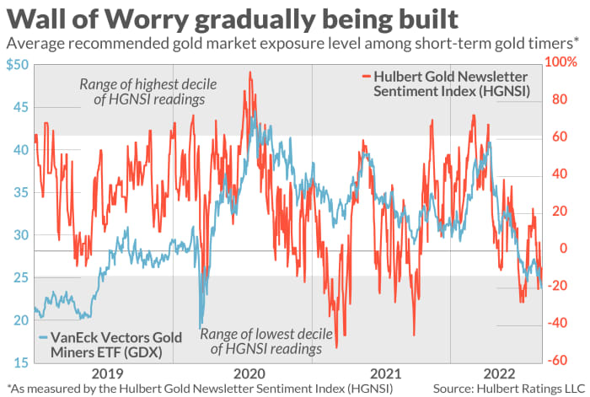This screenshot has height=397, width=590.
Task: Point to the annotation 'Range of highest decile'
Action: (x=143, y=84)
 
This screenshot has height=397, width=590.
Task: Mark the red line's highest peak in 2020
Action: (x=250, y=73)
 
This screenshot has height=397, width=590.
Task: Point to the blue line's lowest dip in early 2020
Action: (x=200, y=327)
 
